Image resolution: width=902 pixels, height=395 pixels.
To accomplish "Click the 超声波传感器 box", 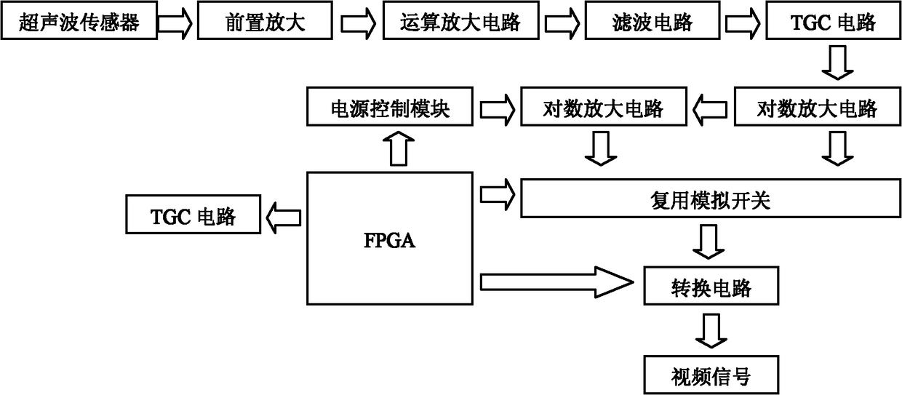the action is click(79, 20).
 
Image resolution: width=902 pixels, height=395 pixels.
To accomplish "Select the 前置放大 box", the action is click(265, 20).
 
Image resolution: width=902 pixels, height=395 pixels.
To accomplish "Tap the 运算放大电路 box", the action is click(461, 20).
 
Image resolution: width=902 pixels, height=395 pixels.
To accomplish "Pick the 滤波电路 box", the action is click(652, 20).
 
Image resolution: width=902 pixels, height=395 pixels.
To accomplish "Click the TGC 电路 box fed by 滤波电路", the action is click(834, 20).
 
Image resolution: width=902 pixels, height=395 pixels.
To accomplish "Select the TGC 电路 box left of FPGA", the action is click(193, 214).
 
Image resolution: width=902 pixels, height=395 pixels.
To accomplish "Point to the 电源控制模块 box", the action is click(390, 107).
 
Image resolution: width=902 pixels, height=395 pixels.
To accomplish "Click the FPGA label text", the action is click(389, 240).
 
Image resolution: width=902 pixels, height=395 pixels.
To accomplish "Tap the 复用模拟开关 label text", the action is click(711, 200).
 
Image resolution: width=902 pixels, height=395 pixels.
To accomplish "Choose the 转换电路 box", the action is click(711, 285).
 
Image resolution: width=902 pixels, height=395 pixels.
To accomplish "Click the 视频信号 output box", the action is click(711, 375).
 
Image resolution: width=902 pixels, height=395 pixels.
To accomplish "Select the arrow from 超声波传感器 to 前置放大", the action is click(175, 23).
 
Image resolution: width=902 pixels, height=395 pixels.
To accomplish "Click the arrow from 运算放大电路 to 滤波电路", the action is click(562, 23).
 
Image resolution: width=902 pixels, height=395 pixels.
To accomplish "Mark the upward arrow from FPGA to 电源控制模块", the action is click(399, 148).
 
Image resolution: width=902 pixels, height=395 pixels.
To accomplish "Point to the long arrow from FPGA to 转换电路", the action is click(557, 282).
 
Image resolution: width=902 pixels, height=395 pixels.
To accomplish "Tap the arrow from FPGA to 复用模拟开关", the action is click(498, 195).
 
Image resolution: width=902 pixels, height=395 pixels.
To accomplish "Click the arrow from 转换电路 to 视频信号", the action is click(711, 330).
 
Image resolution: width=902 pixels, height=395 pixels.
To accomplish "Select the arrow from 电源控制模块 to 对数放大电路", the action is click(498, 109).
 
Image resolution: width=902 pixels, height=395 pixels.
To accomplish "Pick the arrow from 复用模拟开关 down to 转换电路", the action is click(709, 242).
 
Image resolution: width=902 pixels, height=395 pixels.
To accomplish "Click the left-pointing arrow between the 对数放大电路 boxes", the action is click(710, 110).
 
